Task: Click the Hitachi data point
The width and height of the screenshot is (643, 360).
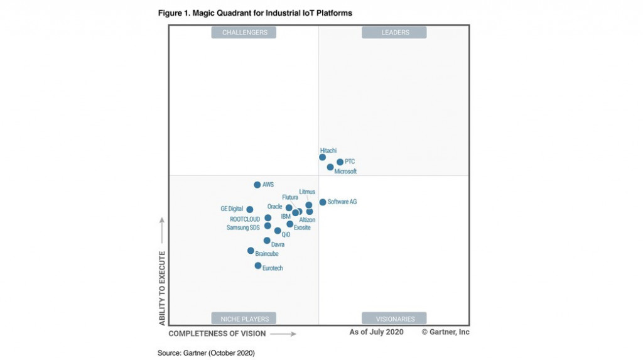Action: click(x=322, y=157)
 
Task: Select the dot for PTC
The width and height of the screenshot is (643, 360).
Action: click(x=340, y=162)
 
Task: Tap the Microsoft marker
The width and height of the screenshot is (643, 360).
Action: click(x=330, y=167)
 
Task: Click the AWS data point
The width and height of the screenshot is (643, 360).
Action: click(x=257, y=185)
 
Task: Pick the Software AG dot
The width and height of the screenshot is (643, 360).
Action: click(x=323, y=202)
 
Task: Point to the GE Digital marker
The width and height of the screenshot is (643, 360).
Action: click(x=250, y=210)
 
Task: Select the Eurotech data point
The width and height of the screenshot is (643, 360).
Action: click(x=258, y=266)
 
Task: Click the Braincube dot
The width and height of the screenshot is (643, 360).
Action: click(x=251, y=251)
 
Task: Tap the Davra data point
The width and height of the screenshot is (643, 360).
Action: click(x=267, y=241)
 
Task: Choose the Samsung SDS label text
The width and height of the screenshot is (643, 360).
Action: click(x=243, y=227)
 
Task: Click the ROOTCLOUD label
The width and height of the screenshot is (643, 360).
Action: click(x=245, y=219)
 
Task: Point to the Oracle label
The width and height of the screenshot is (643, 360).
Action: click(x=274, y=207)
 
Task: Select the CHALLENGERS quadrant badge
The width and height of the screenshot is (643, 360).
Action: click(x=244, y=33)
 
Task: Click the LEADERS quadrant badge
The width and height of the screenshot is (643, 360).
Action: click(x=394, y=33)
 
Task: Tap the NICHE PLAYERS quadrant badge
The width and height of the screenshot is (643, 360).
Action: click(x=244, y=319)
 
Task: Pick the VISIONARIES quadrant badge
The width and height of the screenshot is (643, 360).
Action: click(x=394, y=319)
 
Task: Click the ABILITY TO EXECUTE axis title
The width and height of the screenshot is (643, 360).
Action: click(x=162, y=288)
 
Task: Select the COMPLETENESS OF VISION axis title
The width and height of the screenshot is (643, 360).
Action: click(x=217, y=334)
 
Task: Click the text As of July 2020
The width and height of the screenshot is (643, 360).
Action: click(x=376, y=332)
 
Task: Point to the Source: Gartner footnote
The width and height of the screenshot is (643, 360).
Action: click(x=206, y=353)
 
